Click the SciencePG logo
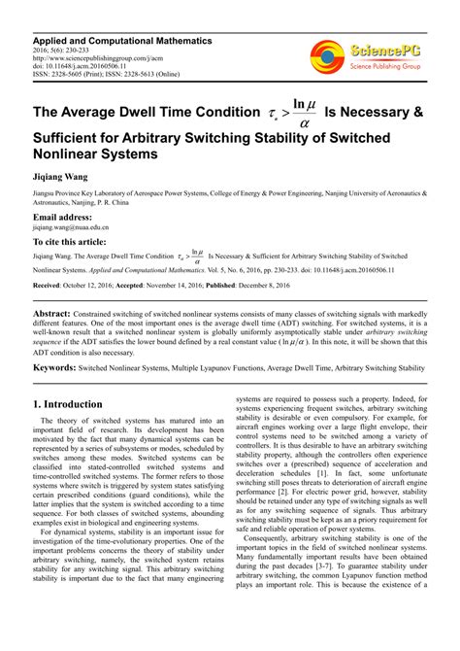(x=368, y=56)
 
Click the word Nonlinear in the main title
(x=77, y=154)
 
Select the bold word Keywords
(x=55, y=369)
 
